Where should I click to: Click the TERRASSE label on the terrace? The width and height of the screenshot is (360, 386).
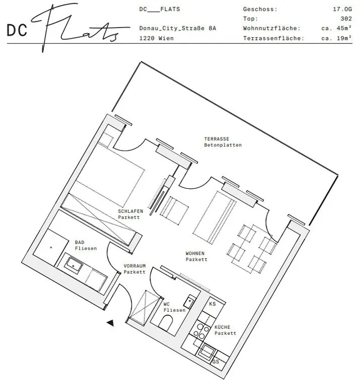pyautogui.click(x=217, y=139)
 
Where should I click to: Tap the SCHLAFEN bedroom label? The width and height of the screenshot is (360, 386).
pyautogui.click(x=130, y=211)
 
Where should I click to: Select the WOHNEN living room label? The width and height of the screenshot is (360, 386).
pyautogui.click(x=195, y=253)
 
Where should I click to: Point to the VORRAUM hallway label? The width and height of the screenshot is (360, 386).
pyautogui.click(x=134, y=266)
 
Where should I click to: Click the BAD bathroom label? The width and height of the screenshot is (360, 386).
pyautogui.click(x=79, y=242)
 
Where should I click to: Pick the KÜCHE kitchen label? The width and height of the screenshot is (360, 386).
pyautogui.click(x=222, y=327)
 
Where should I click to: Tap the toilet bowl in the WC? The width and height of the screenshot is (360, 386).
pyautogui.click(x=165, y=323)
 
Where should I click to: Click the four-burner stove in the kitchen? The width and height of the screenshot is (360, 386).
pyautogui.click(x=201, y=330)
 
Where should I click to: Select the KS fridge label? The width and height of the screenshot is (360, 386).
pyautogui.click(x=212, y=304)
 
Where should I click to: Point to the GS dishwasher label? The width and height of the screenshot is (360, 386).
pyautogui.click(x=215, y=362)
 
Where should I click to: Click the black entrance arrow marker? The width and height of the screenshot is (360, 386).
pyautogui.click(x=110, y=323)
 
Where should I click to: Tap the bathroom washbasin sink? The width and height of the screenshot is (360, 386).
pyautogui.click(x=73, y=266)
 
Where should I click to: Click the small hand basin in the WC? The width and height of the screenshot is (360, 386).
pyautogui.click(x=190, y=301)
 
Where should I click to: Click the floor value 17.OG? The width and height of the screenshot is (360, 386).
pyautogui.click(x=342, y=9)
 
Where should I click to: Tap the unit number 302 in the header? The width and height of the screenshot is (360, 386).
pyautogui.click(x=346, y=19)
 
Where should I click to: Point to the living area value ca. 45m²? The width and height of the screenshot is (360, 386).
pyautogui.click(x=336, y=28)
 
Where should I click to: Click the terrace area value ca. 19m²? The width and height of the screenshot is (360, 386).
pyautogui.click(x=336, y=38)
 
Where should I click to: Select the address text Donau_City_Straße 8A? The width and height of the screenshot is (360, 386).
pyautogui.click(x=178, y=28)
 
